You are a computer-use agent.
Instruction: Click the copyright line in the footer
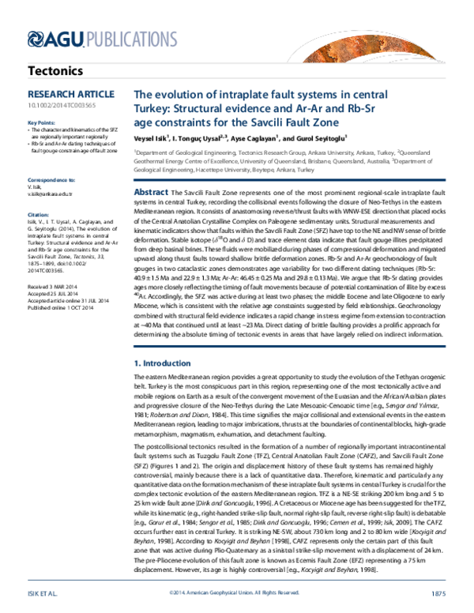pyautogui.click(x=237, y=592)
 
